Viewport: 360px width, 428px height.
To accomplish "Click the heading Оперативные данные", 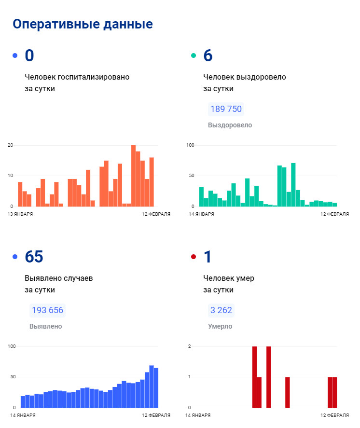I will pos(83,24).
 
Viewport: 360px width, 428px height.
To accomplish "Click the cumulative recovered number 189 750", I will pos(226,109).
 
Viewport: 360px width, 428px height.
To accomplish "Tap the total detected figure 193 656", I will pos(47,310).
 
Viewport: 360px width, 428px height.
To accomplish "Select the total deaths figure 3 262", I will pos(221,310).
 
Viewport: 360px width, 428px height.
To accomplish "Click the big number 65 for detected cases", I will pos(34,257).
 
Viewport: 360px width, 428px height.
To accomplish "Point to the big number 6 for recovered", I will pos(208,55).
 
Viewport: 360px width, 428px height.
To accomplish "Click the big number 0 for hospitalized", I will pos(29,55).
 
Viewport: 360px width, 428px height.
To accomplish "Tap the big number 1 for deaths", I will pos(208,257).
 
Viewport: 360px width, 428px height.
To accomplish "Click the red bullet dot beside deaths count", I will pos(194,257).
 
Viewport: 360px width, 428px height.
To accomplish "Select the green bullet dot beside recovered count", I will pos(194,55).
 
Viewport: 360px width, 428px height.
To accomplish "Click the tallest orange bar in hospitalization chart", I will pos(133,176).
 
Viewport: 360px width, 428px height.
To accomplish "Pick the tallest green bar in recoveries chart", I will pos(293,185).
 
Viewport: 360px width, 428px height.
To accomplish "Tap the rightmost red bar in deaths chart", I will pos(334,392).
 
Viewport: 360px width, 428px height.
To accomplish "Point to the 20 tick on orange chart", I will pos(10,145).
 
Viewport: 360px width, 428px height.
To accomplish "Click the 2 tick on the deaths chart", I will pos(190,346).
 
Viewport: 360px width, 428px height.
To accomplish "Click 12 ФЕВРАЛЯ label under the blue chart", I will pos(156,415).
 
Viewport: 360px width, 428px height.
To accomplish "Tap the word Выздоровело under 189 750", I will pos(230,125).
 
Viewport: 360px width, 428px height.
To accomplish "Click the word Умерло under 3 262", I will pos(220,326).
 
